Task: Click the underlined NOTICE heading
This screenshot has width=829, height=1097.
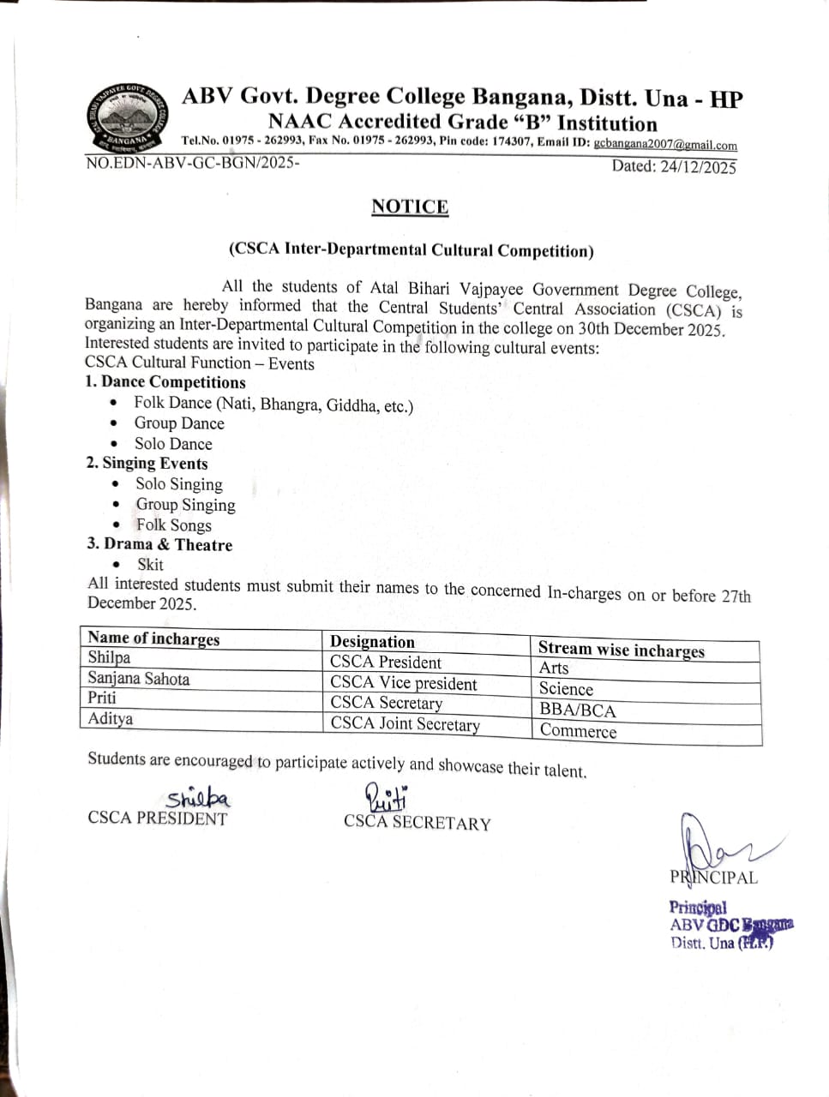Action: point(410,207)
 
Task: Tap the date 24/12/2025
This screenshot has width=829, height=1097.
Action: point(698,167)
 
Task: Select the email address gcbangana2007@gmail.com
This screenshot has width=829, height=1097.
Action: point(665,145)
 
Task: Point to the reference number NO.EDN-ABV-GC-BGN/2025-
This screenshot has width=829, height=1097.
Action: point(193,162)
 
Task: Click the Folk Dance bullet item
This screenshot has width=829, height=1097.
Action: point(273,405)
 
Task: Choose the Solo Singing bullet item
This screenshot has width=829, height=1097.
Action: point(178,484)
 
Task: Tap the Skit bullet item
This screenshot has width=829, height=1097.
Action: point(150,564)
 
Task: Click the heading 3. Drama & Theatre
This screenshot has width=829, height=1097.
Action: point(159,544)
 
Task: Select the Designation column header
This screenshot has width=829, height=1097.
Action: point(372,642)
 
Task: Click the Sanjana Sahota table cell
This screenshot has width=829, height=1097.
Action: point(139,679)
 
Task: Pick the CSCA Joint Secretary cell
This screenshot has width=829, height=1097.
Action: point(405,723)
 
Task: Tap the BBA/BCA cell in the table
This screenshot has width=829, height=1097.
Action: point(578,710)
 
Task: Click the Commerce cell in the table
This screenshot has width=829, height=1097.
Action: point(579,731)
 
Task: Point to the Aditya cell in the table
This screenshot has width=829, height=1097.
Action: point(111,718)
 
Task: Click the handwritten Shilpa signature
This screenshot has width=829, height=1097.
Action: point(198,799)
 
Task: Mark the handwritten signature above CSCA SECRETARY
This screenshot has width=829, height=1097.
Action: point(387,798)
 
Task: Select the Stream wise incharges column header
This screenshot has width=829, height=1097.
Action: point(621,650)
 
